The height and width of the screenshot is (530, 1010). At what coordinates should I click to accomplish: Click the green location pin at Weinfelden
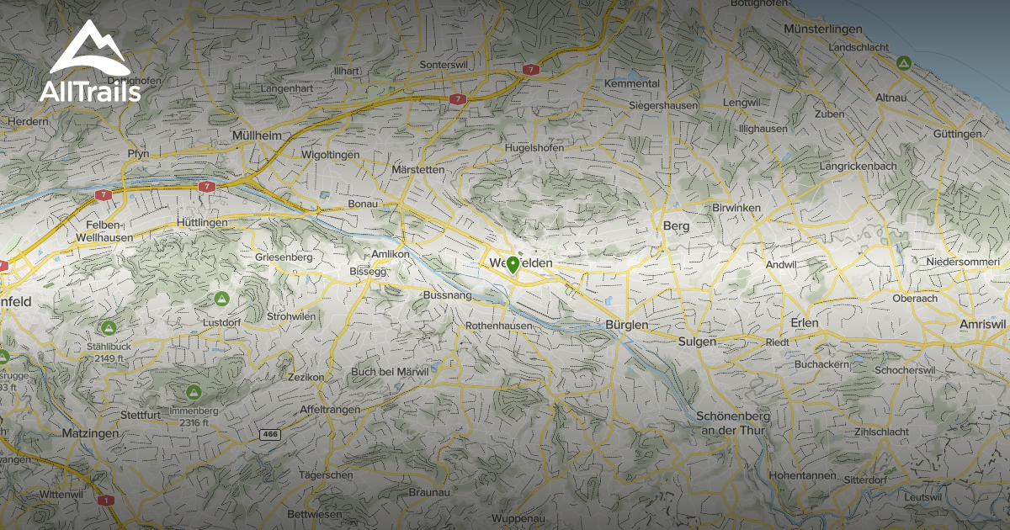513,266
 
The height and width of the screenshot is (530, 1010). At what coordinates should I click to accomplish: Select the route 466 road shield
269,434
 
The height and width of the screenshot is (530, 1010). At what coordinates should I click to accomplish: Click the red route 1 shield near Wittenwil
106,500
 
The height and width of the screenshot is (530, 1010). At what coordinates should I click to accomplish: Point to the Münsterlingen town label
823,29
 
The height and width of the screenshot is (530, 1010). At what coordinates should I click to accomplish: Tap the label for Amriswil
982,324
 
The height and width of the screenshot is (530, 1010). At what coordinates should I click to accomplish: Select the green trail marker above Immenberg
193,392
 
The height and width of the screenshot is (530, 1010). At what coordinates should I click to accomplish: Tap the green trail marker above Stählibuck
108,327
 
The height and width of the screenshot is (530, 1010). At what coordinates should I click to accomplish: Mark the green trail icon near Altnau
903,63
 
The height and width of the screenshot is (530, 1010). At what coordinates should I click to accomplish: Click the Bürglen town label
627,325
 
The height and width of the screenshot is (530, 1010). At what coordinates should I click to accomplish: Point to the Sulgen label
697,341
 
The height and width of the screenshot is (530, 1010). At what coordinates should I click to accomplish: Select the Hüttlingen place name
203,222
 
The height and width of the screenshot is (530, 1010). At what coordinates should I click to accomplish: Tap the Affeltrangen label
330,410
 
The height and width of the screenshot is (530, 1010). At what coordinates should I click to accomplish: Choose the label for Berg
676,225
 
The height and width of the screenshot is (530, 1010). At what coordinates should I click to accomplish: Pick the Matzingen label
91,432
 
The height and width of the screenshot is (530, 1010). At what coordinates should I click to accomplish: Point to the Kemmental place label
632,84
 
